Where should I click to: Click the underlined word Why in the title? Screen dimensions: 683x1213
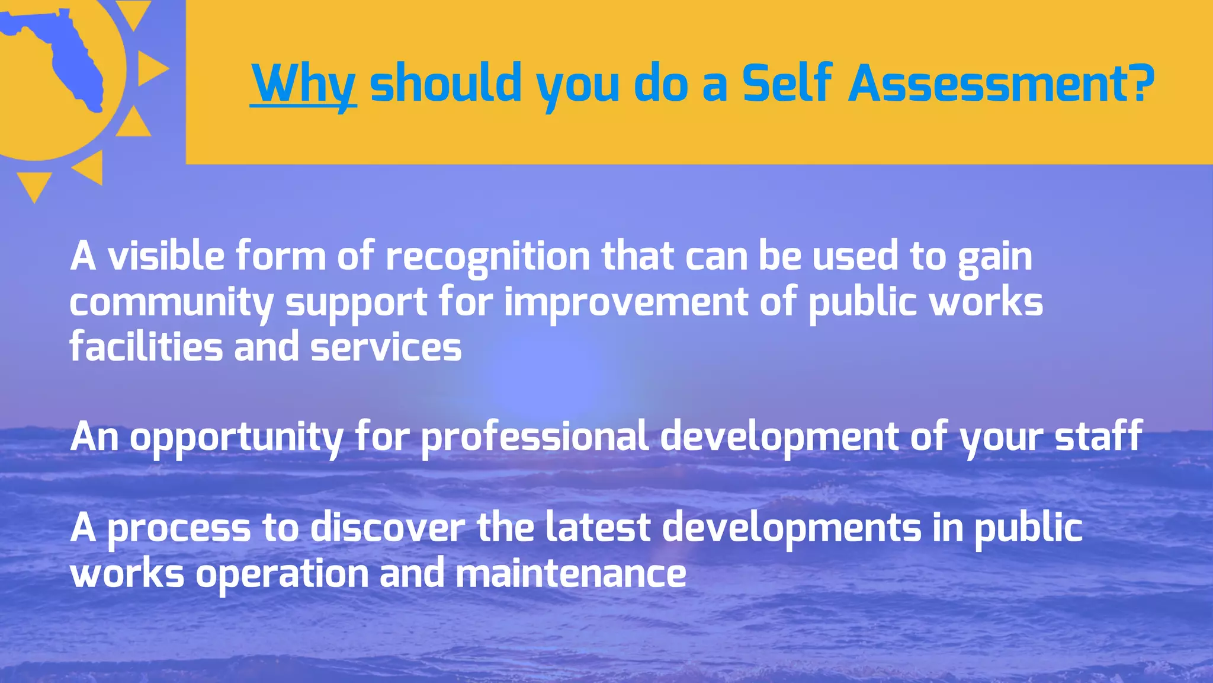pos(303,84)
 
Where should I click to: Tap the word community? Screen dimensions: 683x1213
pos(171,302)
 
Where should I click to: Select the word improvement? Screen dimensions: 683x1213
pos(626,302)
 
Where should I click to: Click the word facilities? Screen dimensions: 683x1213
pos(146,347)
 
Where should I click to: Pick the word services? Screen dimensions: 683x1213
pos(386,347)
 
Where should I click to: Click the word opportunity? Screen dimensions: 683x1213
pos(236,438)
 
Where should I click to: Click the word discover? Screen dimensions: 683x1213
pos(387,528)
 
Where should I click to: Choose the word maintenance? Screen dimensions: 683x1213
pos(571,573)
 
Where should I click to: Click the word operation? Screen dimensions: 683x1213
pos(282,575)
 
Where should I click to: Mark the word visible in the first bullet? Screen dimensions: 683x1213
pos(166,256)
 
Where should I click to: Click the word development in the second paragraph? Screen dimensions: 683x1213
pos(779,438)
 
